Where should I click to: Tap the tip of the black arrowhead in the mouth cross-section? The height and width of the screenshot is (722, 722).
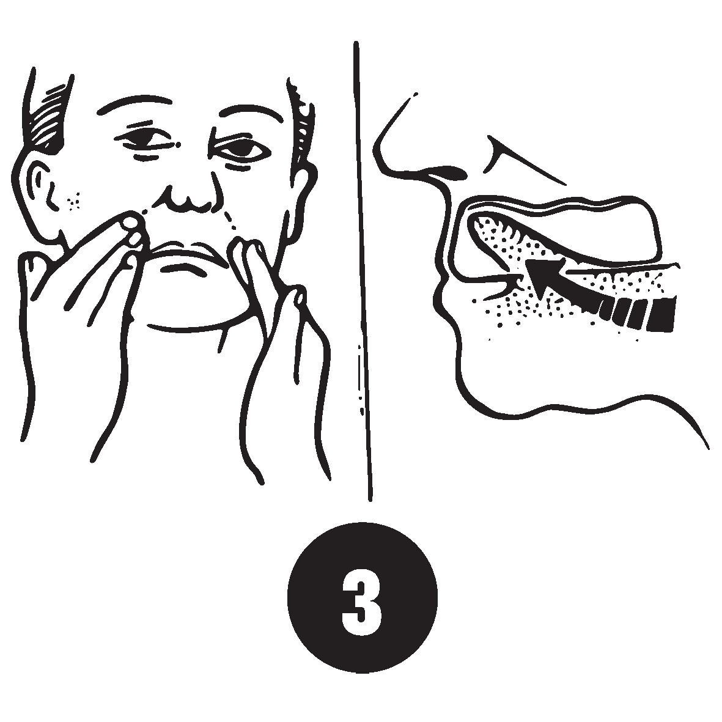tap(526, 261)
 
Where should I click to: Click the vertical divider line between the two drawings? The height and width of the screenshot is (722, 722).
tap(363, 271)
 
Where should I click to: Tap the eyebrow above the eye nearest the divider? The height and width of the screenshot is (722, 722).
tap(250, 114)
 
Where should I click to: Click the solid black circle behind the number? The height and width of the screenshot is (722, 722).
tap(362, 598)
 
